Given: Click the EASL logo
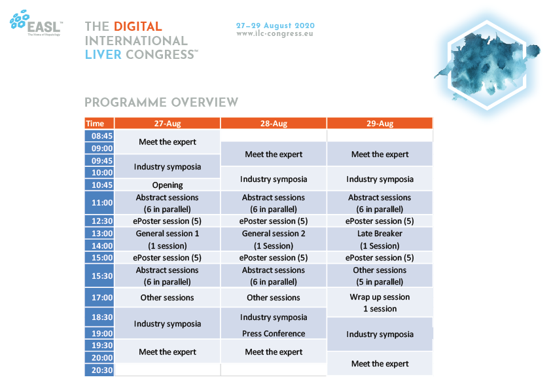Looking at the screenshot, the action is [x=36, y=23].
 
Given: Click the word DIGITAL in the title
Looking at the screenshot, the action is [x=137, y=26].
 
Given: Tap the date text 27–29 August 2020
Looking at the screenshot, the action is [x=275, y=26].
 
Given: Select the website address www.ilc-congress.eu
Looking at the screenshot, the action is [x=275, y=34].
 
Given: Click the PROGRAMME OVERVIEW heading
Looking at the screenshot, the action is [x=161, y=102].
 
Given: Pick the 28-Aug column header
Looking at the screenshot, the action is [x=274, y=123].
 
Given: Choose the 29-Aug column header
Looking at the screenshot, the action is [x=380, y=123].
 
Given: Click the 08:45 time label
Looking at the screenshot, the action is [x=99, y=136].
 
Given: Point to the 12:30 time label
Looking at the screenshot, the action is [x=99, y=221].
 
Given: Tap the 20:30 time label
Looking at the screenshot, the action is [x=99, y=370].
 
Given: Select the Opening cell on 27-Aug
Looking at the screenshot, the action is [x=168, y=185].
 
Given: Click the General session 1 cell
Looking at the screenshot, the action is [x=168, y=239].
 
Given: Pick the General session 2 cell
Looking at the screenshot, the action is [x=274, y=239].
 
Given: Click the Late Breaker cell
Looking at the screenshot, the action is [x=380, y=239].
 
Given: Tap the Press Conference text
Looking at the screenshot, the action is [x=274, y=334].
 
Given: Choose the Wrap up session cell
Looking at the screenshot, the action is [x=380, y=302].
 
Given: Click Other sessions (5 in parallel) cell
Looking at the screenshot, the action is [x=380, y=275].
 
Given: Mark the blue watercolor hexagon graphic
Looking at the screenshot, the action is [x=488, y=64].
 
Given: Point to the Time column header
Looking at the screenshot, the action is [x=99, y=123].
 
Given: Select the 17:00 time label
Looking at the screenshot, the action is [x=99, y=298].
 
